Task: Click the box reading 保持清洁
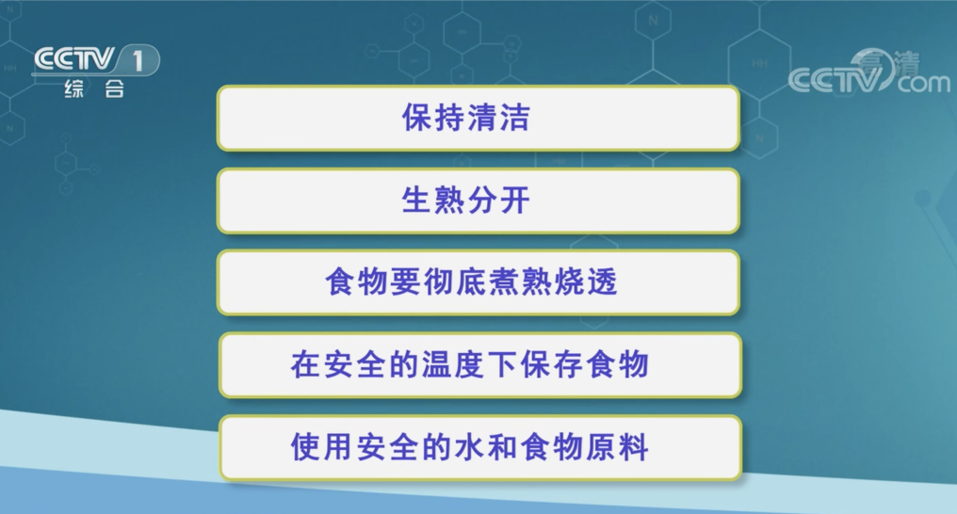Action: (x=478, y=118)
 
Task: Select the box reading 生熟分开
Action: (x=478, y=201)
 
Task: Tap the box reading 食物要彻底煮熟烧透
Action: (x=478, y=282)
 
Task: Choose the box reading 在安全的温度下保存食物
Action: (x=480, y=364)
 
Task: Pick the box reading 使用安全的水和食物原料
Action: (x=480, y=447)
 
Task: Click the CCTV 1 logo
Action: (x=96, y=71)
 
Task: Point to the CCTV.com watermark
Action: (x=869, y=73)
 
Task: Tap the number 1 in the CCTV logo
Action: (x=138, y=60)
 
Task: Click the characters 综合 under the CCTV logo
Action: (x=94, y=89)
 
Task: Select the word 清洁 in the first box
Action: (x=499, y=117)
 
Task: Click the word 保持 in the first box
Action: (x=433, y=117)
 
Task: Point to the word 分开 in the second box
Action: (x=499, y=200)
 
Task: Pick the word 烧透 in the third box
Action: (x=587, y=281)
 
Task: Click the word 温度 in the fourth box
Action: (x=454, y=364)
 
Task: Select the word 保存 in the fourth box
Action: (x=553, y=364)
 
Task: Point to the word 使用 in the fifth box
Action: (x=322, y=447)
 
